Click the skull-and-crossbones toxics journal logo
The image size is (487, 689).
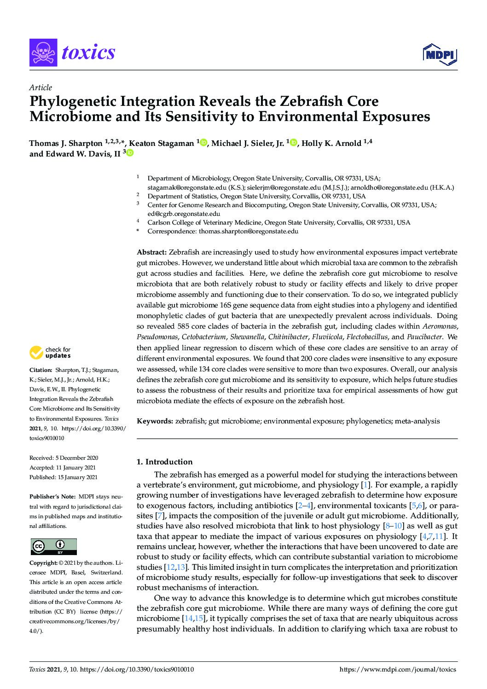(42, 53)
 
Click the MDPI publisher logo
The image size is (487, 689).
(439, 54)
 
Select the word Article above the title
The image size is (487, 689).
(41, 87)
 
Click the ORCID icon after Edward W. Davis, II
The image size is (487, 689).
(130, 154)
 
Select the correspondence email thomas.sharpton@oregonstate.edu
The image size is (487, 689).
(248, 231)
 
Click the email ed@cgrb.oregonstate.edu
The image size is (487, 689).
(183, 214)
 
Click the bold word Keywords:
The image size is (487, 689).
(155, 421)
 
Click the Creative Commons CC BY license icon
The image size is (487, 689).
(53, 546)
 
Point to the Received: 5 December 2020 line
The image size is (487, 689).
(64, 458)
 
